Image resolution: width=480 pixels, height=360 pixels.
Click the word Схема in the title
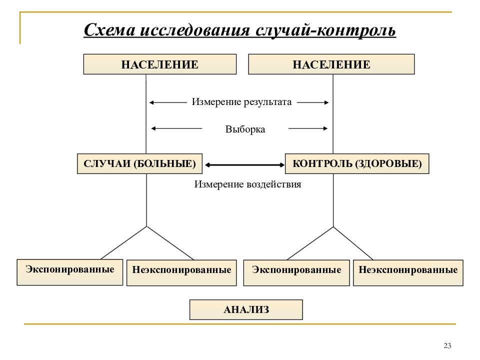pos(109,30)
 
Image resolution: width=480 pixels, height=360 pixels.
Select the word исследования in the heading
pos(194,30)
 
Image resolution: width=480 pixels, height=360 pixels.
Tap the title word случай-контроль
pos(325,30)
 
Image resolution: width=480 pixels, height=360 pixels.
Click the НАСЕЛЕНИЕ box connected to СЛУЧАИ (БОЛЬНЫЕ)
pos(160,64)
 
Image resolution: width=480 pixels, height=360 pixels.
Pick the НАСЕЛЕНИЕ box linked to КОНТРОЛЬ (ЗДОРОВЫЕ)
pos(331,64)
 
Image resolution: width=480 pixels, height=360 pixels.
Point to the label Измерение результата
pos(241,102)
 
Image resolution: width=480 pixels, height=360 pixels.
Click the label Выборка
pos(245,129)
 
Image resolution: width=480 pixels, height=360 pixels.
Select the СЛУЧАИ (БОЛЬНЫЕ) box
pos(139,164)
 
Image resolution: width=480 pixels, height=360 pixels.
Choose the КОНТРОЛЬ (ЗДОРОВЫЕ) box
pos(357,164)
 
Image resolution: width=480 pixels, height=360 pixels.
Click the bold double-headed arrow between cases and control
pos(244,165)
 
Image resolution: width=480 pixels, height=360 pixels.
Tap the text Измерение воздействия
pos(247,184)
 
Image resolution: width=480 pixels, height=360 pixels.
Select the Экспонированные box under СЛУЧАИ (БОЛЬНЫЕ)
pos(70,272)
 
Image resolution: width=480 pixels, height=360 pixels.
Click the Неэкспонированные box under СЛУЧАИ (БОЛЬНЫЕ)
pos(181,273)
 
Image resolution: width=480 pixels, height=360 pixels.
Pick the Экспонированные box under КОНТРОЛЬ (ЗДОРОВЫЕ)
pos(296,273)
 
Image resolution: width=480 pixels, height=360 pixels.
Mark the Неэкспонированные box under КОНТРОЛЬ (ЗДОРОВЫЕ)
pos(408,273)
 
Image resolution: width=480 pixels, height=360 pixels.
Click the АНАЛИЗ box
pos(246,310)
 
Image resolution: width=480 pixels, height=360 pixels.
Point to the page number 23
pos(447,346)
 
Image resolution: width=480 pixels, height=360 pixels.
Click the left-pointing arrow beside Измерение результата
pos(168,102)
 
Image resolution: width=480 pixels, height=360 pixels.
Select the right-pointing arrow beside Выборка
pos(308,128)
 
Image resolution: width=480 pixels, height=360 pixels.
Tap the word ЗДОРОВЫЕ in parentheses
pos(388,164)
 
